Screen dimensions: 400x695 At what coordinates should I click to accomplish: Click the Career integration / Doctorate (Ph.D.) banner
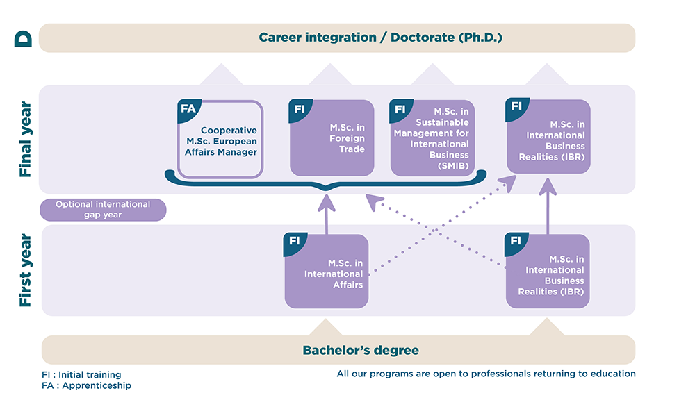[337, 37]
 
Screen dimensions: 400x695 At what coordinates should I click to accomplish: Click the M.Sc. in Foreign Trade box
[332, 138]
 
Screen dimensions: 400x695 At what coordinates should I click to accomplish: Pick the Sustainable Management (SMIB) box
[432, 138]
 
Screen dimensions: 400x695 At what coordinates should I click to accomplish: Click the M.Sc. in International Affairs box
[327, 272]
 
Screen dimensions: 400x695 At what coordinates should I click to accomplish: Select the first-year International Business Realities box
[548, 272]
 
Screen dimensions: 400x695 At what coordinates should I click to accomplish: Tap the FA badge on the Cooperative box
[188, 109]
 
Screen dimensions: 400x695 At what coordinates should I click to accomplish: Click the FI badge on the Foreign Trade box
[300, 109]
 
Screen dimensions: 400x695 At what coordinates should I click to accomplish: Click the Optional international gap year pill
[103, 210]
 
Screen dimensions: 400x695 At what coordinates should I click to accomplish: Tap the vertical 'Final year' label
[25, 140]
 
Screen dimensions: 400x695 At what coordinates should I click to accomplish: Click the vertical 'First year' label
[25, 271]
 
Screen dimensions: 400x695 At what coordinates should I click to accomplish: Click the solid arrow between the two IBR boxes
[548, 206]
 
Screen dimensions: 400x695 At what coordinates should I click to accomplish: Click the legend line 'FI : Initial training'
[81, 375]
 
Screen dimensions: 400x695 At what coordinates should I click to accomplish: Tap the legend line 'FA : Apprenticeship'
[86, 385]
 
